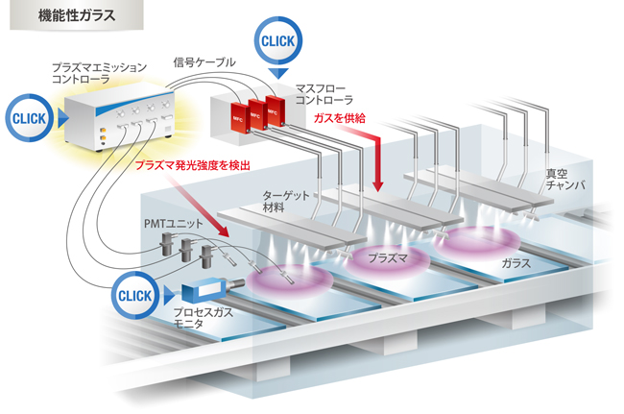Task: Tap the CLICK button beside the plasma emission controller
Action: tap(31, 117)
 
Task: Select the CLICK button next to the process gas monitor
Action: tap(136, 295)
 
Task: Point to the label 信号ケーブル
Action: tap(204, 62)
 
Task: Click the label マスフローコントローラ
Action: tap(324, 92)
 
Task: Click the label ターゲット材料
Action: tap(285, 201)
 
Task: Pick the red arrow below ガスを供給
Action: tap(372, 158)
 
